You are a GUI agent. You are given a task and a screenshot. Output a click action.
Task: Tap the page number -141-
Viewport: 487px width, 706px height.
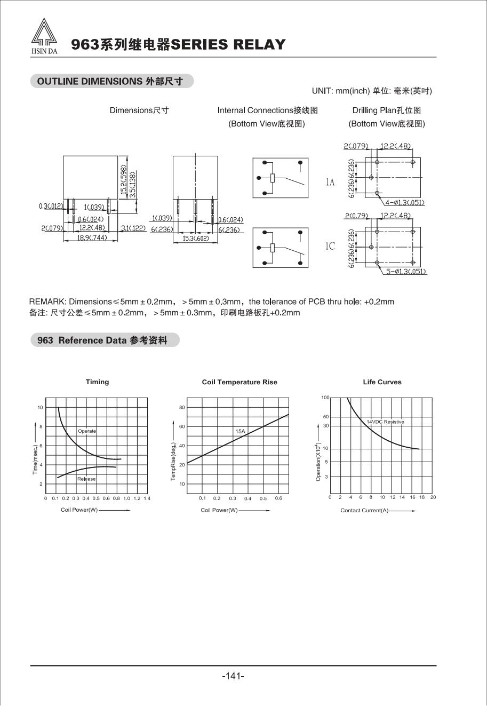point(233,676)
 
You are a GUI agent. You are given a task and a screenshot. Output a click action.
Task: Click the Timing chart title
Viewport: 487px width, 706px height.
point(97,382)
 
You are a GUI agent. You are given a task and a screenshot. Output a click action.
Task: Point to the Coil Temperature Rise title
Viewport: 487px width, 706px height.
point(239,382)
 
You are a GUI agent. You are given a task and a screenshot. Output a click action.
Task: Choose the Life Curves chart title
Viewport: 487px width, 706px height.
point(382,382)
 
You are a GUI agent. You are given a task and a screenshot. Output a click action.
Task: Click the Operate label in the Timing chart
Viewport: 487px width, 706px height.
point(87,431)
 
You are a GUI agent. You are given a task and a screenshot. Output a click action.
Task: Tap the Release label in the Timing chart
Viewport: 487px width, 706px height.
point(86,479)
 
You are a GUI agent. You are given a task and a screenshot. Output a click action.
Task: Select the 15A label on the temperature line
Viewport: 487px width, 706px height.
point(240,431)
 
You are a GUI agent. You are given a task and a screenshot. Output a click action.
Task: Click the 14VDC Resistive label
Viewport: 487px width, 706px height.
point(385,422)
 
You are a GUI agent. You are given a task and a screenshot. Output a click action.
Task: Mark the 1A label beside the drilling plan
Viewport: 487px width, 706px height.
point(330,183)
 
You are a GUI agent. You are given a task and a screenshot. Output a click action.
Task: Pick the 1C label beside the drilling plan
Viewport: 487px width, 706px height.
point(330,246)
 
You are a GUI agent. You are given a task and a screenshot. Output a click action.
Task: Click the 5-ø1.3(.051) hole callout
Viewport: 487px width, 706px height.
point(406,272)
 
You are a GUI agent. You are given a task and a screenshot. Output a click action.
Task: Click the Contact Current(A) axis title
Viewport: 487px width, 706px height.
point(365,511)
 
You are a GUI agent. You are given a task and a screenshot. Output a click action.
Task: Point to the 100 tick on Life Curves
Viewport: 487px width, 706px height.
point(325,398)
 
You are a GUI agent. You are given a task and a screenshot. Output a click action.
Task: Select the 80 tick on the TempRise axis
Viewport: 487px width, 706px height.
point(182,407)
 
